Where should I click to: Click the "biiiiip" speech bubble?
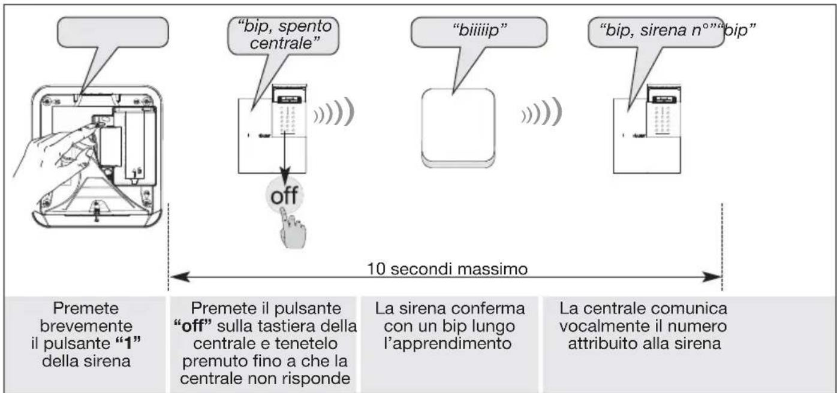[478, 32]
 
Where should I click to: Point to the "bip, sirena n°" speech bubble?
[653, 32]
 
